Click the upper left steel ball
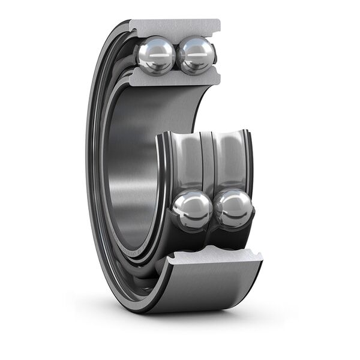click(x=156, y=56)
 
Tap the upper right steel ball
click(x=196, y=56)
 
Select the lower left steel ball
click(x=192, y=210)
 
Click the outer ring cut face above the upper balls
click(x=175, y=28)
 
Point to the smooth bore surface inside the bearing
click(x=129, y=174)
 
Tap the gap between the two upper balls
click(x=176, y=56)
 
